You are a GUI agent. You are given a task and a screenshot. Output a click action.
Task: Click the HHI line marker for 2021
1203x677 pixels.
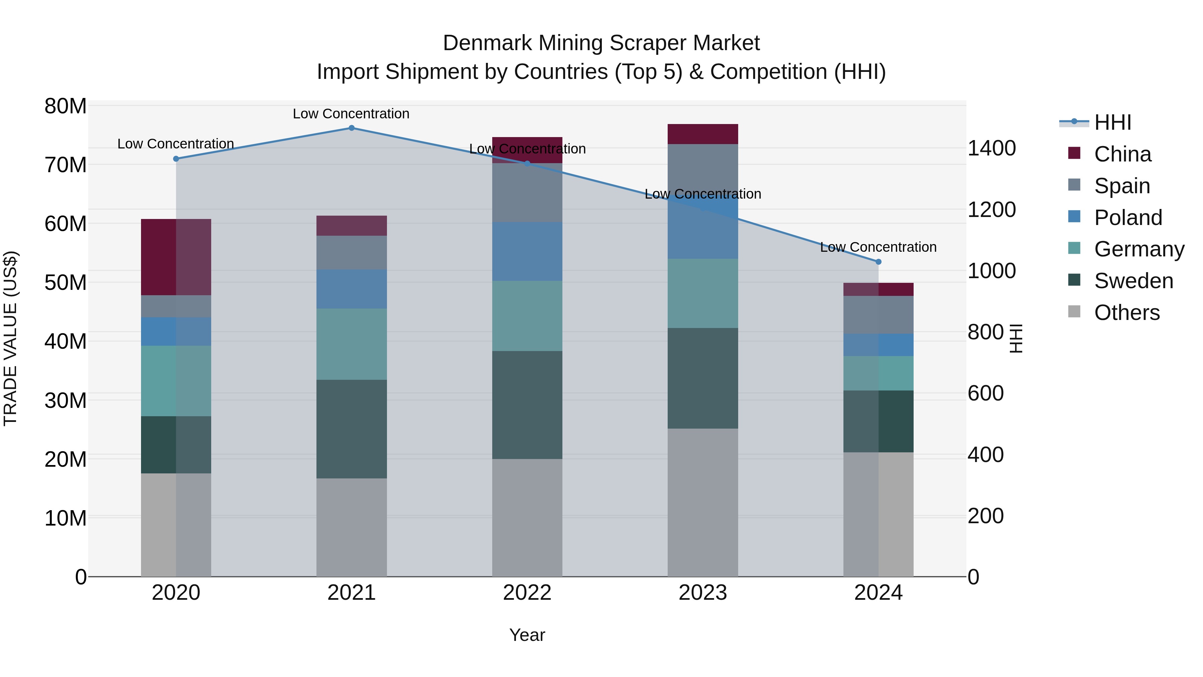click(352, 128)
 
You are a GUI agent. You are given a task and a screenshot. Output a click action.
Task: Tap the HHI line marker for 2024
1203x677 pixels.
click(879, 262)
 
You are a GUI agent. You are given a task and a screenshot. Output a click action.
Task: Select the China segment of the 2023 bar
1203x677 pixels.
click(703, 134)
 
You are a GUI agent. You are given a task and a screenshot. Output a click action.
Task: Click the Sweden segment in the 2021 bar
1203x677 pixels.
click(352, 429)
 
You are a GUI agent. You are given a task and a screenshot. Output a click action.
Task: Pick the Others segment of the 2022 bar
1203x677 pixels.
click(527, 518)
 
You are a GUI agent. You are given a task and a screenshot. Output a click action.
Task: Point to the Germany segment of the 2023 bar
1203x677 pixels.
click(703, 294)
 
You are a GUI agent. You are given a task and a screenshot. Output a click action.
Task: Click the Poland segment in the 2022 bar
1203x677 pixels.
click(527, 251)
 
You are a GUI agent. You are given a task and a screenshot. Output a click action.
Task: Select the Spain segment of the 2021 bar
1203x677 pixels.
click(352, 253)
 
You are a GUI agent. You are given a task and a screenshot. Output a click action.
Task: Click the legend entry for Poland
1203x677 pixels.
click(1128, 218)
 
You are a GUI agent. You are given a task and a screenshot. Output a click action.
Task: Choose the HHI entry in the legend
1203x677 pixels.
click(1112, 122)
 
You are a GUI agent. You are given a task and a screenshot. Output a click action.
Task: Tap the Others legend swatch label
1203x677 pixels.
click(1126, 313)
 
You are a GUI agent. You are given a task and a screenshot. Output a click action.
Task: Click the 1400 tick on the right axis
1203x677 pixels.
click(991, 148)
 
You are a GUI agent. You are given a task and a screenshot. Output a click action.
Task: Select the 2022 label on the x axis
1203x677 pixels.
click(527, 593)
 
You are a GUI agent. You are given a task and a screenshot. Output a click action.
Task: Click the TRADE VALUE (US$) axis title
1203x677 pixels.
click(11, 338)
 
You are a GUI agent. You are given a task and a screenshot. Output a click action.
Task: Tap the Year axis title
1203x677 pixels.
click(527, 635)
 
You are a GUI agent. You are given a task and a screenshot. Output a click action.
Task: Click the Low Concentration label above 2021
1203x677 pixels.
click(351, 114)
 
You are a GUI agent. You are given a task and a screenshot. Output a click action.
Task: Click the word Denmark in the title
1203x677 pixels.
click(488, 43)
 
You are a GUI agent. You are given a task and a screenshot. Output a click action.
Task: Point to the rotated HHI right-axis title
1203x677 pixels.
click(1016, 338)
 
